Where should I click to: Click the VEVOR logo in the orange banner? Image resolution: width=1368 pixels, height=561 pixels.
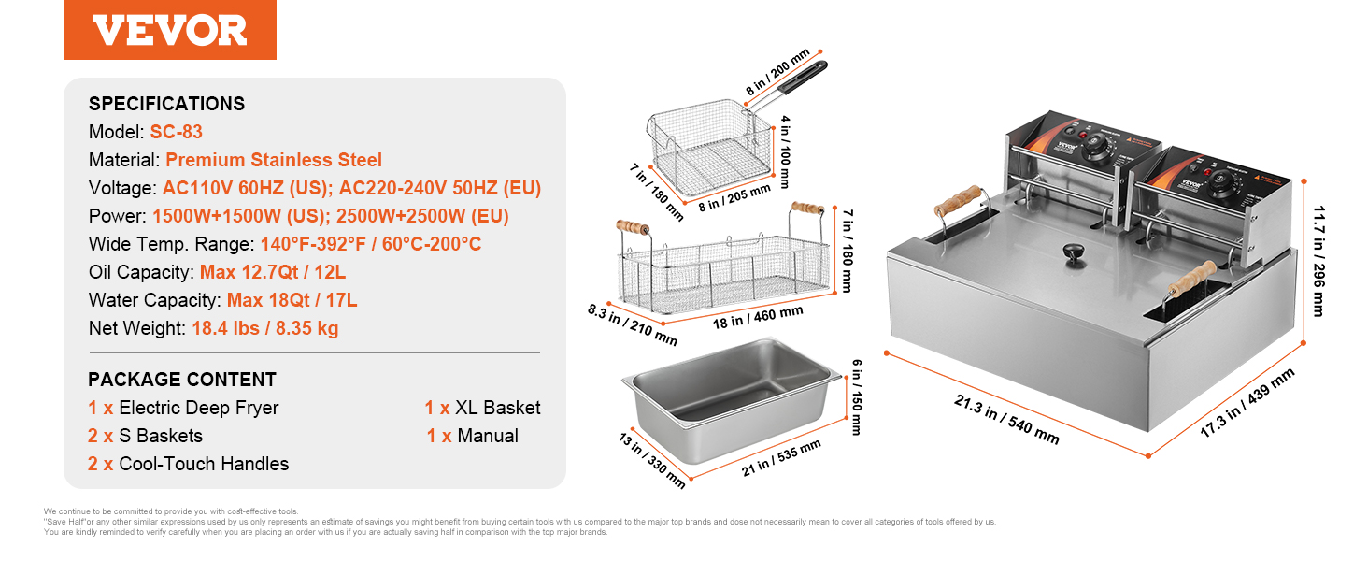click(170, 30)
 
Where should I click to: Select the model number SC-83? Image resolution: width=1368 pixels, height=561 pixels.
click(176, 132)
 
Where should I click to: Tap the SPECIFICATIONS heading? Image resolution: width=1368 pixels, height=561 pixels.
click(166, 104)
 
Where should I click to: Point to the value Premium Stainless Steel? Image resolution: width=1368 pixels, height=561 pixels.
click(274, 160)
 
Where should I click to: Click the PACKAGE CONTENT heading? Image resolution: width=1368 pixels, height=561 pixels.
click(182, 380)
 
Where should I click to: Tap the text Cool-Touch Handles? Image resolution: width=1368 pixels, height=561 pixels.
click(204, 464)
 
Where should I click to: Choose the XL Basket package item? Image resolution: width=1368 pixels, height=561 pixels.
click(498, 408)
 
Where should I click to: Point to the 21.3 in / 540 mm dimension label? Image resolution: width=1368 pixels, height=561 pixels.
click(1006, 419)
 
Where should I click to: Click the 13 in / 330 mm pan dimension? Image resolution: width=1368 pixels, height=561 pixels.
click(652, 460)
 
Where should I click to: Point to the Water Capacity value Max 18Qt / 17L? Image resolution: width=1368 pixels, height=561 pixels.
click(292, 300)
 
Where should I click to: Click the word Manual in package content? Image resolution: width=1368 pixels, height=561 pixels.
click(487, 436)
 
